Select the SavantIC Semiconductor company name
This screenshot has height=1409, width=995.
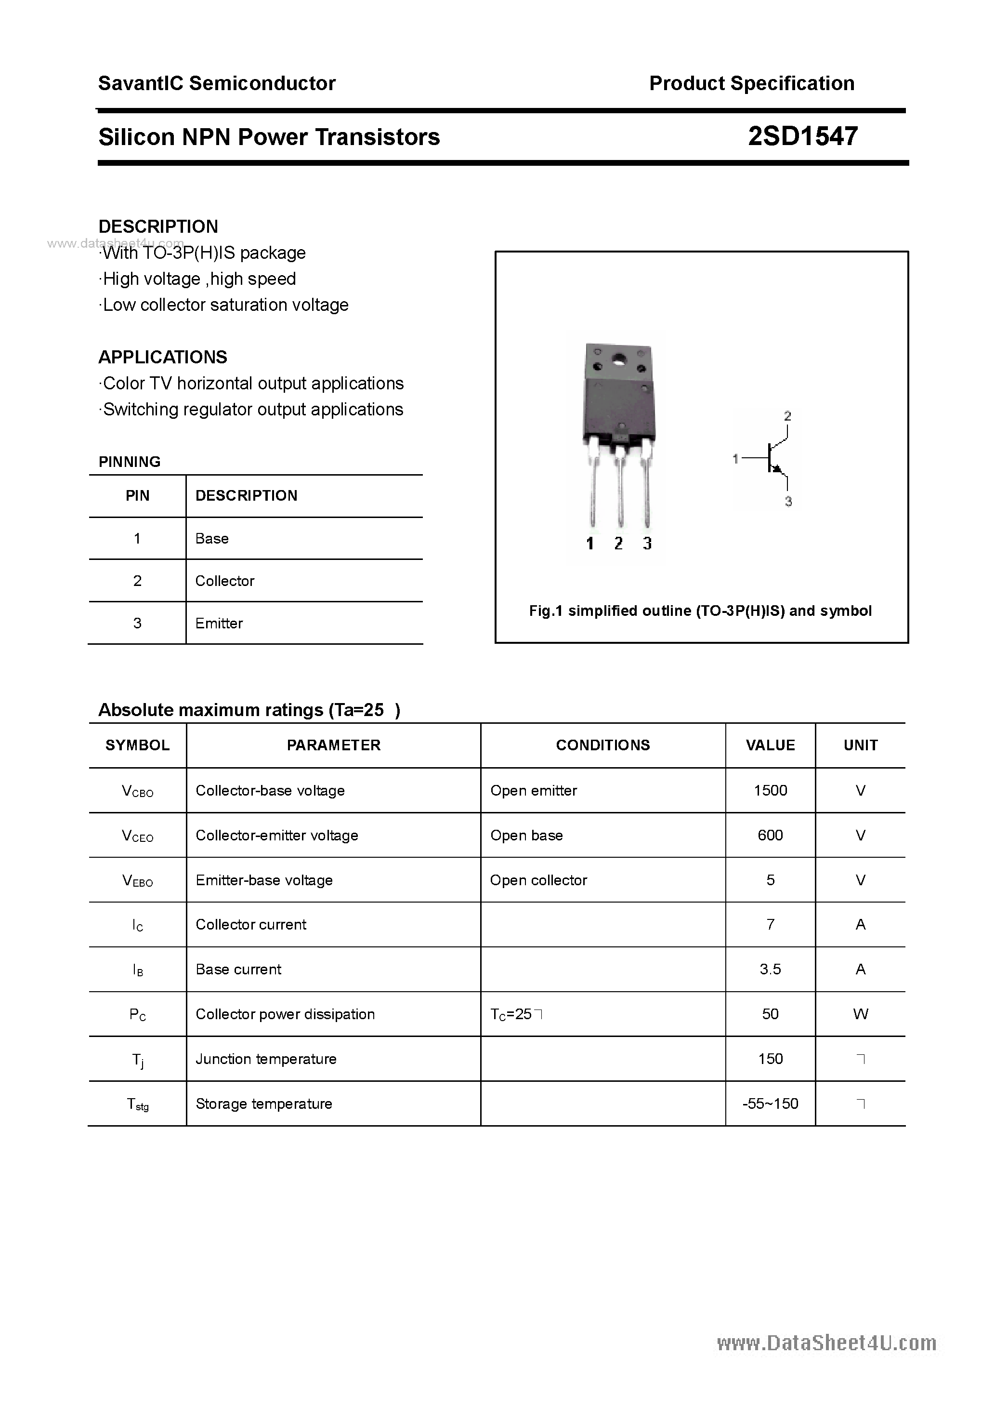coord(217,83)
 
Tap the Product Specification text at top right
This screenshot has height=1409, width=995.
coord(751,83)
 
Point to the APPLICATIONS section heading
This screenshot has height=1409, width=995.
coord(163,357)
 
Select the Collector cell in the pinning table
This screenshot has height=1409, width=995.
coord(224,581)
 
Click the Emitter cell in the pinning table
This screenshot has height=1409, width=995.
coord(219,623)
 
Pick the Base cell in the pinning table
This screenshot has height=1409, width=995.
coord(211,538)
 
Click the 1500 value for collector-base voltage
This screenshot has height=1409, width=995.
coord(770,790)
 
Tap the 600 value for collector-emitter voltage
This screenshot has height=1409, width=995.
coord(770,835)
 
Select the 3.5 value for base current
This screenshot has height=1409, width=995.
coord(770,969)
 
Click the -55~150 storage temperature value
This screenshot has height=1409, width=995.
coord(770,1103)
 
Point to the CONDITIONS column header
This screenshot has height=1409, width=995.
coord(602,745)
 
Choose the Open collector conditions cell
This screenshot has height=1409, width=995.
coord(538,880)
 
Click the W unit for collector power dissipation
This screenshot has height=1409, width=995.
coord(860,1014)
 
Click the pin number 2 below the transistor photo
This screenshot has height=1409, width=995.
coord(618,543)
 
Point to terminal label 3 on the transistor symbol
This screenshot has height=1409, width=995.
coord(788,501)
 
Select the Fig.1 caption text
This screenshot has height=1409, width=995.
coord(700,611)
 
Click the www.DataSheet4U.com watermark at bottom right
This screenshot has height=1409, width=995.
coord(826,1343)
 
